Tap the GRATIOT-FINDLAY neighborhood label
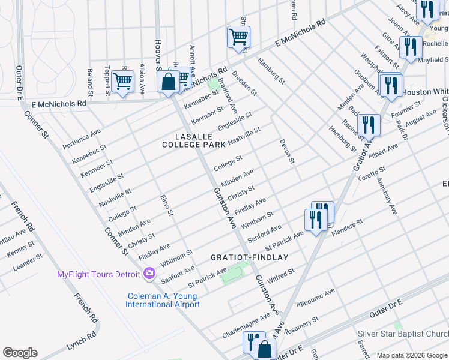coord(249,257)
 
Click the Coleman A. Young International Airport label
coord(163,300)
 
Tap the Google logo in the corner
coord(20,353)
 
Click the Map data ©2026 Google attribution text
coord(412,355)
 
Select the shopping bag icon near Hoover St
coord(169,82)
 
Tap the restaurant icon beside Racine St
coord(369,125)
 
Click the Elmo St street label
coord(167,205)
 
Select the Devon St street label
coord(287,152)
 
